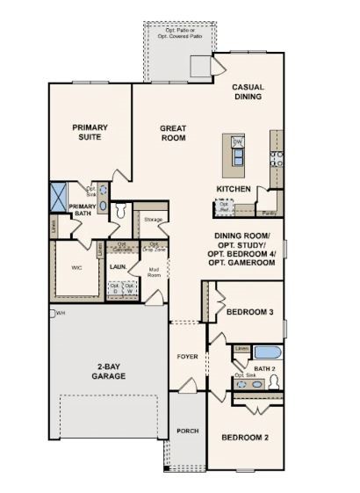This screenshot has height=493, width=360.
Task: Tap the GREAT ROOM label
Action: (173, 133)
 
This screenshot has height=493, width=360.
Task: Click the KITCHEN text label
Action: (234, 189)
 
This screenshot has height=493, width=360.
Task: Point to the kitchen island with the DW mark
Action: (236, 152)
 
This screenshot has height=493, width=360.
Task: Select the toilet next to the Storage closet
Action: (121, 210)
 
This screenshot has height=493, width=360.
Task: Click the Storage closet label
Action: (154, 218)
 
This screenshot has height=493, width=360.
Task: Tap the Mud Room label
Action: (155, 272)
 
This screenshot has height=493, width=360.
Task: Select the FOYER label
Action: (188, 357)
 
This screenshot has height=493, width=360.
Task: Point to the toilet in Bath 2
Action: (275, 382)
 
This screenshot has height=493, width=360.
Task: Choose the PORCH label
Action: (187, 431)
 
